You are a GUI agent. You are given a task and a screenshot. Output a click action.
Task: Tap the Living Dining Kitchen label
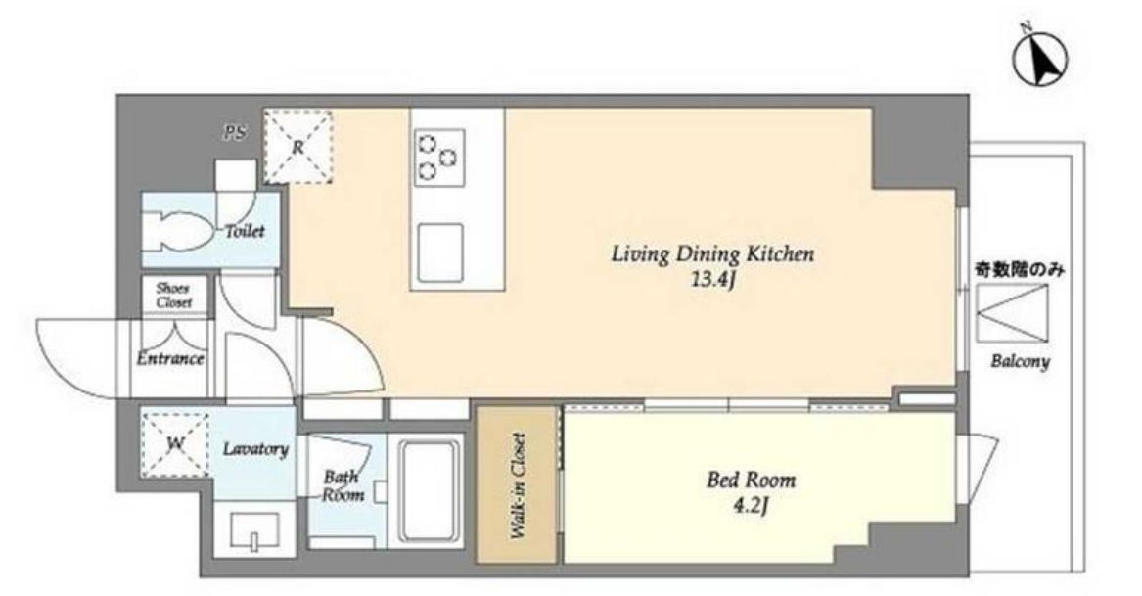(x=711, y=254)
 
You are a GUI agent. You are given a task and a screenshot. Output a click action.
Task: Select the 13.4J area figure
(x=711, y=281)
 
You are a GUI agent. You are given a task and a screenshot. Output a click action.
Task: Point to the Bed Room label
(x=751, y=480)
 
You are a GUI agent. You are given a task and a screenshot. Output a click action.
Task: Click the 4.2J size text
(x=751, y=506)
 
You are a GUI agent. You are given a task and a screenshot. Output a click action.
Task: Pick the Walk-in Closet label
(x=518, y=486)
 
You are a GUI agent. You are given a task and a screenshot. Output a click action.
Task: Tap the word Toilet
(x=245, y=231)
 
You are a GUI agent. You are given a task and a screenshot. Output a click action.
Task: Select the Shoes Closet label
(x=174, y=296)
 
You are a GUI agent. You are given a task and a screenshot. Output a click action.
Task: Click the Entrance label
(x=170, y=358)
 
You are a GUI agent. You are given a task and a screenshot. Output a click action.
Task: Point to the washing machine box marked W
(x=175, y=443)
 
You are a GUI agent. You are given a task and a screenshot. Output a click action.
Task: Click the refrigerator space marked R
(x=297, y=147)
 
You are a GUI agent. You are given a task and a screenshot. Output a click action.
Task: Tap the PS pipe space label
(x=235, y=132)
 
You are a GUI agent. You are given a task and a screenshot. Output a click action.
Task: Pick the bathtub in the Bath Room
(x=430, y=492)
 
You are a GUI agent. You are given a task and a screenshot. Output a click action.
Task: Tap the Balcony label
(x=1020, y=361)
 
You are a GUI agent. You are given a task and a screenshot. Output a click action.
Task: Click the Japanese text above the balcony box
(x=1020, y=270)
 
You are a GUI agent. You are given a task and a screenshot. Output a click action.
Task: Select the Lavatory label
(x=254, y=449)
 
